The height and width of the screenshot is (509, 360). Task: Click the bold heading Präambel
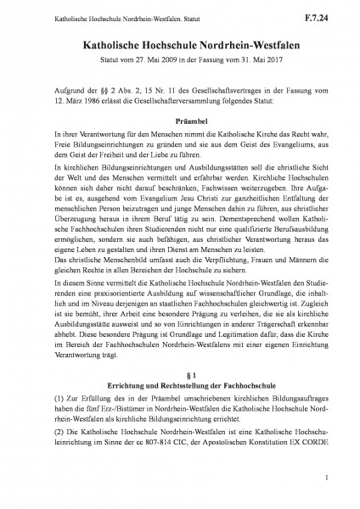click(x=180, y=120)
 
